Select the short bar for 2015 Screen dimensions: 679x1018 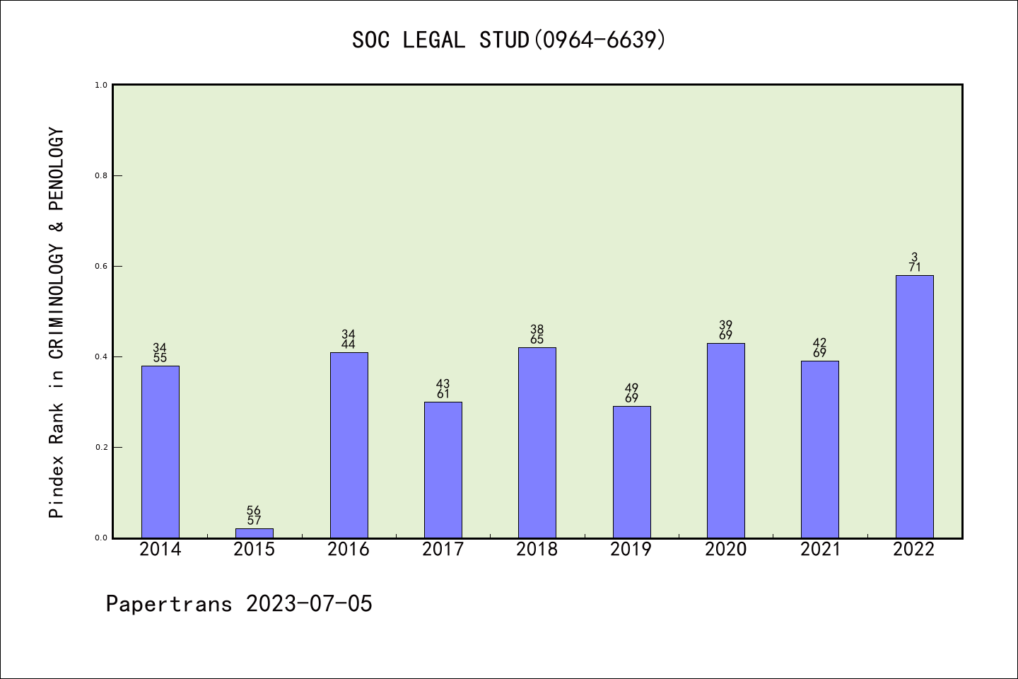click(255, 533)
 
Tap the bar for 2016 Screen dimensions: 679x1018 click(349, 445)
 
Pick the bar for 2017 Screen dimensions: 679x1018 click(443, 470)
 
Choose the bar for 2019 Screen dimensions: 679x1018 click(632, 472)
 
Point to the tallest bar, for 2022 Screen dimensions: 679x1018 click(914, 407)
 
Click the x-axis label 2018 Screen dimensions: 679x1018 click(537, 550)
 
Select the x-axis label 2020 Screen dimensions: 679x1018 click(726, 550)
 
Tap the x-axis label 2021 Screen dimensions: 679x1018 click(820, 550)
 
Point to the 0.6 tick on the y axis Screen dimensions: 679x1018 click(101, 267)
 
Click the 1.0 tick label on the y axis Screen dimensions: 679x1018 click(101, 86)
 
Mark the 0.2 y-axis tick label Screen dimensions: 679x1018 click(101, 448)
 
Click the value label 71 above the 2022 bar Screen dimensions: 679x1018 click(915, 268)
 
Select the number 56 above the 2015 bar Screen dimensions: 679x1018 click(254, 511)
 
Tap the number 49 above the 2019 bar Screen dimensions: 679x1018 click(632, 388)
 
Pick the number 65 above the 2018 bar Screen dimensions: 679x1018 click(537, 339)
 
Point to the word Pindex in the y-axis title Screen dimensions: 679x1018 click(57, 487)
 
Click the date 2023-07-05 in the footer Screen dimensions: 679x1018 click(309, 604)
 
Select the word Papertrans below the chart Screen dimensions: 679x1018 click(169, 604)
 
